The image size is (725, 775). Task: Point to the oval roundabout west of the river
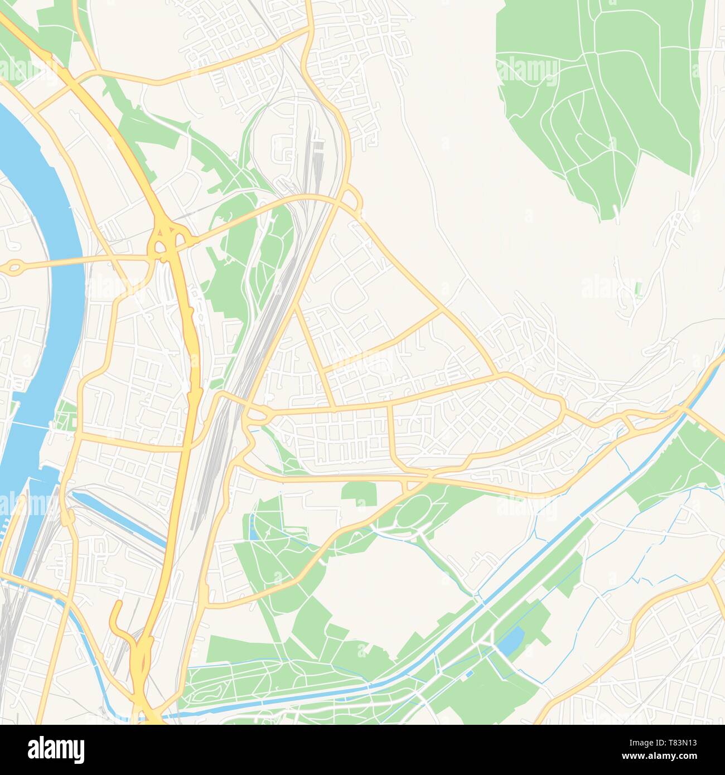coord(14,269)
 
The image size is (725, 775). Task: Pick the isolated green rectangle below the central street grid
coord(359,494)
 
